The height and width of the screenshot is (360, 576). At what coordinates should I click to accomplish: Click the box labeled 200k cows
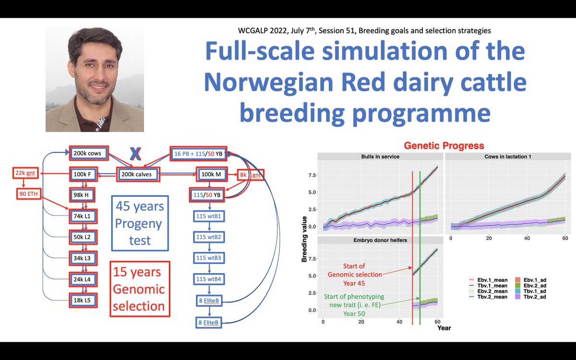coord(89,153)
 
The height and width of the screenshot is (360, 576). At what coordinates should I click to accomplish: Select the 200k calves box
coord(138,174)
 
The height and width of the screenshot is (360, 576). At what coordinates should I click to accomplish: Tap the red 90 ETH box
coord(28,194)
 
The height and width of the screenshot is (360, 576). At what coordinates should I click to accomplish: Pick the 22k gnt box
coord(25,173)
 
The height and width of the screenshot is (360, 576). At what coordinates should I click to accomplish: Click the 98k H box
coord(82,195)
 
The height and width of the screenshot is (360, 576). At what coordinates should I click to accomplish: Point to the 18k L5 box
coord(83,300)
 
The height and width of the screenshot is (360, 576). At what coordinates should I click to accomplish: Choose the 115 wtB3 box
coord(209,258)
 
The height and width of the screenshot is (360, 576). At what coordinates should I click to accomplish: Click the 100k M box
coord(212,174)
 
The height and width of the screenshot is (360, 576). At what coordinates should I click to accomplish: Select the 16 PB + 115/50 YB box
coord(198,154)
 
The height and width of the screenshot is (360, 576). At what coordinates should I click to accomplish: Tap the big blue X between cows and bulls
coord(135,154)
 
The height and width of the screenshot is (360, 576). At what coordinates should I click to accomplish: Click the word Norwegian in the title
coord(269,82)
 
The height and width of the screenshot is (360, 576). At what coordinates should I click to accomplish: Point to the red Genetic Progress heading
coord(444,145)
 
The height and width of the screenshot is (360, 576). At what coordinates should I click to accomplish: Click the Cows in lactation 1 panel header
coord(508,156)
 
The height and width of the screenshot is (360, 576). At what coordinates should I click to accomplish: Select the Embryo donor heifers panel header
coord(380,240)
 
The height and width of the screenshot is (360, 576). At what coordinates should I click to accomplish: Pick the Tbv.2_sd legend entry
coord(530,297)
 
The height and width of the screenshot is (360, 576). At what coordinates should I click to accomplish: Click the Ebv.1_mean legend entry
coord(488,280)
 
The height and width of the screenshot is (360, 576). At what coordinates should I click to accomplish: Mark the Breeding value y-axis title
coord(304,239)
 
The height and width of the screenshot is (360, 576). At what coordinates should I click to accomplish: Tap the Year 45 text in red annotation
coord(354,283)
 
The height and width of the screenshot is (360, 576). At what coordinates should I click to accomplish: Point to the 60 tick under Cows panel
coord(565,239)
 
